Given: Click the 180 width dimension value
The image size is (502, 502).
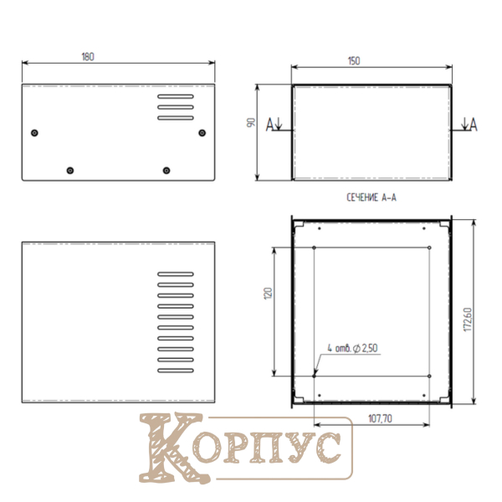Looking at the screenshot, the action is coord(88,57).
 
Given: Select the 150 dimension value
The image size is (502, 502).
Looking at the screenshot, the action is coord(354,61).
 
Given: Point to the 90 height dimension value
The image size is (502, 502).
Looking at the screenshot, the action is coord(251,122).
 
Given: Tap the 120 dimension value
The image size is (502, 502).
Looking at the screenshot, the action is coord(268,294).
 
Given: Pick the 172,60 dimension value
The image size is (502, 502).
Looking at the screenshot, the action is coord(468,320).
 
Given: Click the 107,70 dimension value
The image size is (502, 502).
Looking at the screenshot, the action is coord(380,418).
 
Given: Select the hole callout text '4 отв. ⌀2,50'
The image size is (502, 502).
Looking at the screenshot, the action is coord(352,348).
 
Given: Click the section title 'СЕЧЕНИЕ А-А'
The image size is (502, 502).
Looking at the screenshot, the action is coord(371,197).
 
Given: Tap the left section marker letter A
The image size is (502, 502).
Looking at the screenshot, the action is coord(270,125).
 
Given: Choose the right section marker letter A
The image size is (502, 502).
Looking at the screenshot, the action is coord(474,125).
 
